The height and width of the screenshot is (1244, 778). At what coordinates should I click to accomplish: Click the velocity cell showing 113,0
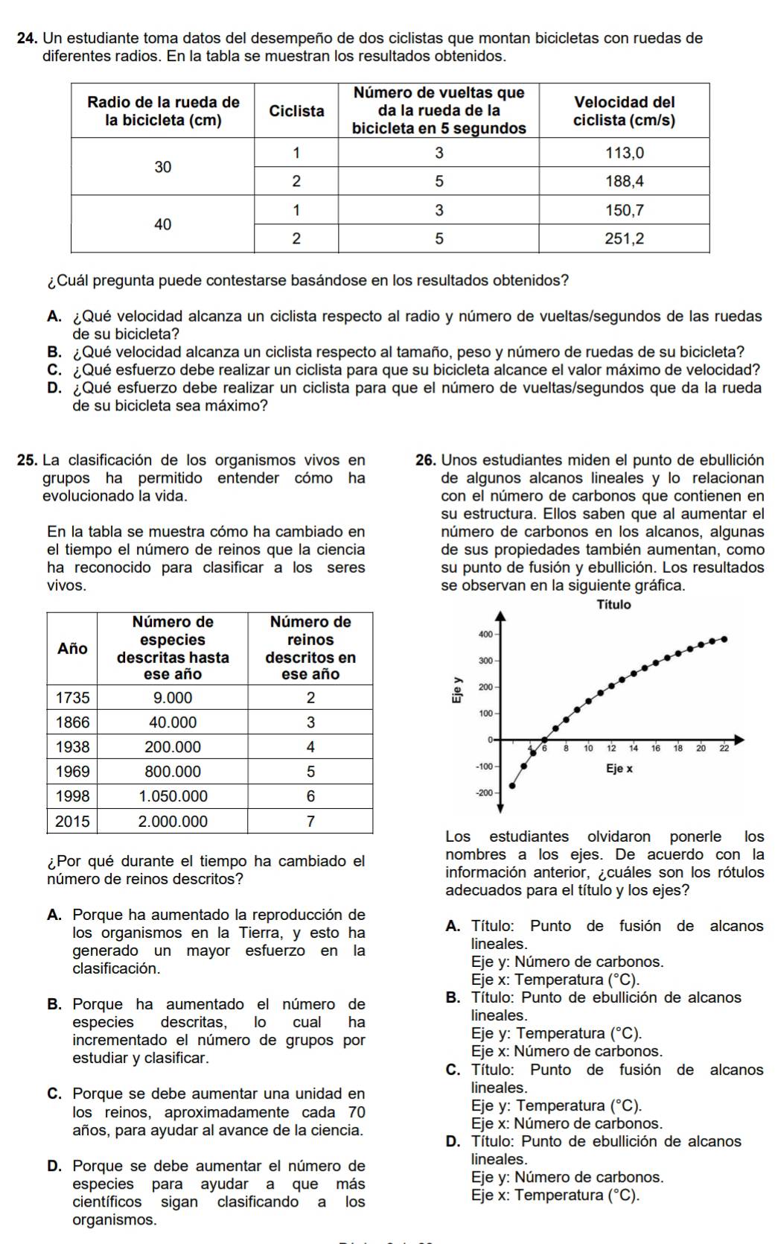(624, 153)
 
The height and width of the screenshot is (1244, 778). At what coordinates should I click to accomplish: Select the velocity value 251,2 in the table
(624, 238)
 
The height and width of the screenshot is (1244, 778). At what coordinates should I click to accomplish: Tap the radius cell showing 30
(163, 167)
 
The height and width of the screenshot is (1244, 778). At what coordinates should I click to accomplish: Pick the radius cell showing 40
(163, 223)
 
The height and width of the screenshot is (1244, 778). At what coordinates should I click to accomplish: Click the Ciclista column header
(296, 111)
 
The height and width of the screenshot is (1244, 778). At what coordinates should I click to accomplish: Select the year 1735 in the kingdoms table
(72, 698)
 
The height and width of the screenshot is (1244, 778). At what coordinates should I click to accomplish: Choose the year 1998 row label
(72, 796)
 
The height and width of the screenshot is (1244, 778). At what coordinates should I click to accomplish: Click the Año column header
(72, 648)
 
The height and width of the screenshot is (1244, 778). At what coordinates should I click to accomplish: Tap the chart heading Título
(614, 605)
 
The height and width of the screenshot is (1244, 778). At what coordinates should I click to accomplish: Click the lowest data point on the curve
(511, 785)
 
